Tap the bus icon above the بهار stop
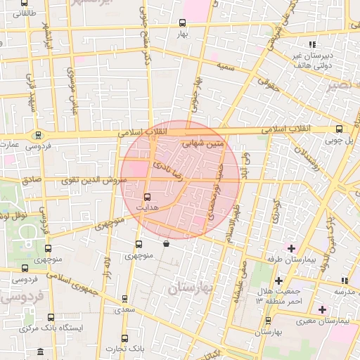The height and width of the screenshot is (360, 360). [x=184, y=22]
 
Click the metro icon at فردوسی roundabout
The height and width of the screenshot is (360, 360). [x=39, y=135]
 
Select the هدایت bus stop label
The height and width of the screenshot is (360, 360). [x=146, y=208]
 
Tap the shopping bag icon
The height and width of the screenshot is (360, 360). [x=166, y=244]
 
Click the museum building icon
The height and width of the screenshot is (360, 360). [x=39, y=350]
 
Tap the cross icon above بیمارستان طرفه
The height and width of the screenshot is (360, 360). [x=291, y=247]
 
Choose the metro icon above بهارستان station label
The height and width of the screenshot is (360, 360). [x=267, y=319]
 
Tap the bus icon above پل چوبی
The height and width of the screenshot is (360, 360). [x=339, y=129]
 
